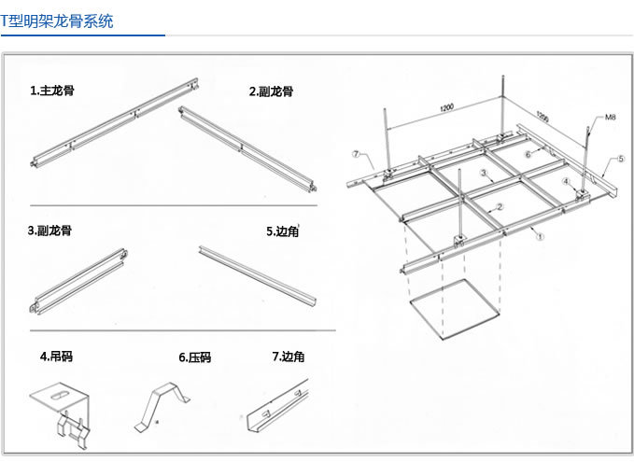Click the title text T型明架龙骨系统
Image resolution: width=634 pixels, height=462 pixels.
pyautogui.click(x=58, y=20)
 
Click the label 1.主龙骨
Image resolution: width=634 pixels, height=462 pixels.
pyautogui.click(x=52, y=91)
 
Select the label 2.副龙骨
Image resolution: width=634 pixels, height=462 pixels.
pyautogui.click(x=272, y=91)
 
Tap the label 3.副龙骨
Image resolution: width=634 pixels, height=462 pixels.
pyautogui.click(x=49, y=230)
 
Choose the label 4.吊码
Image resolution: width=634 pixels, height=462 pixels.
pyautogui.click(x=57, y=356)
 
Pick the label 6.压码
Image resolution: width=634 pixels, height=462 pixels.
pyautogui.click(x=194, y=357)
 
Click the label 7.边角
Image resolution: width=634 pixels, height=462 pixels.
pyautogui.click(x=289, y=356)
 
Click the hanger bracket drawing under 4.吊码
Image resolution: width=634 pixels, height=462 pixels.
pyautogui.click(x=64, y=411)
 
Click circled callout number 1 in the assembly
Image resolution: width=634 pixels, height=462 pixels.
pyautogui.click(x=540, y=237)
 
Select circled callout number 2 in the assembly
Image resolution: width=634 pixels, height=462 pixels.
pyautogui.click(x=500, y=206)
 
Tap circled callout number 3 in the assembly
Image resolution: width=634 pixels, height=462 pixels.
pyautogui.click(x=483, y=174)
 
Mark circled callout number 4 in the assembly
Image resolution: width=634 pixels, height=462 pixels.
pyautogui.click(x=565, y=181)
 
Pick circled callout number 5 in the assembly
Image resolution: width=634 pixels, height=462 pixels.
pyautogui.click(x=621, y=160)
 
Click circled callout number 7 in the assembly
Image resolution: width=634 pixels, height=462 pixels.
pyautogui.click(x=356, y=152)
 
